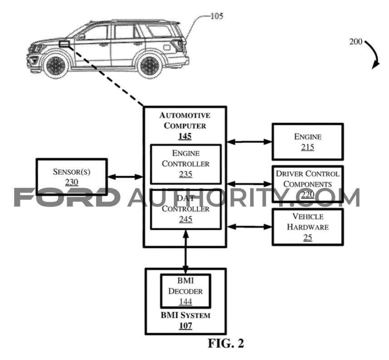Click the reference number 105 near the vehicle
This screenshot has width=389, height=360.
tap(217, 16)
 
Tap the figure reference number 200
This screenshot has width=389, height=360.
tap(356, 41)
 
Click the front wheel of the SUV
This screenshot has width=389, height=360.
tap(56, 65)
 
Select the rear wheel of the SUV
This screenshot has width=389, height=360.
tap(149, 65)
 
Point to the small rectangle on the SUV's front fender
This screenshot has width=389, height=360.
tap(64, 44)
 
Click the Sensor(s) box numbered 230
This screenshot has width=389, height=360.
tap(72, 177)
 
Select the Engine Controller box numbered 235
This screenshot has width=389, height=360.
tap(186, 164)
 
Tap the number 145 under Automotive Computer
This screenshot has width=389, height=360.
tap(185, 136)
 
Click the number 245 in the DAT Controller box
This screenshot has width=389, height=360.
tap(186, 219)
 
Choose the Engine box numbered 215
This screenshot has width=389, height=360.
tap(308, 142)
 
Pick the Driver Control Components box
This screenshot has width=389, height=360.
tap(308, 184)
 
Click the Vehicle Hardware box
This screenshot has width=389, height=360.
tap(308, 227)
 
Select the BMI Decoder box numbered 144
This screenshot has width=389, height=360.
tap(186, 291)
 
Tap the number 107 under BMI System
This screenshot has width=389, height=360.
tap(186, 326)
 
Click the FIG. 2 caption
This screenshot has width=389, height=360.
tap(226, 343)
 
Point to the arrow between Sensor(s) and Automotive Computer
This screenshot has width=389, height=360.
tap(125, 177)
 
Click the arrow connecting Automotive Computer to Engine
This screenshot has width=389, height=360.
tap(249, 142)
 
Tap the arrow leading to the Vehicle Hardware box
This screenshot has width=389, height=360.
tap(249, 227)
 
